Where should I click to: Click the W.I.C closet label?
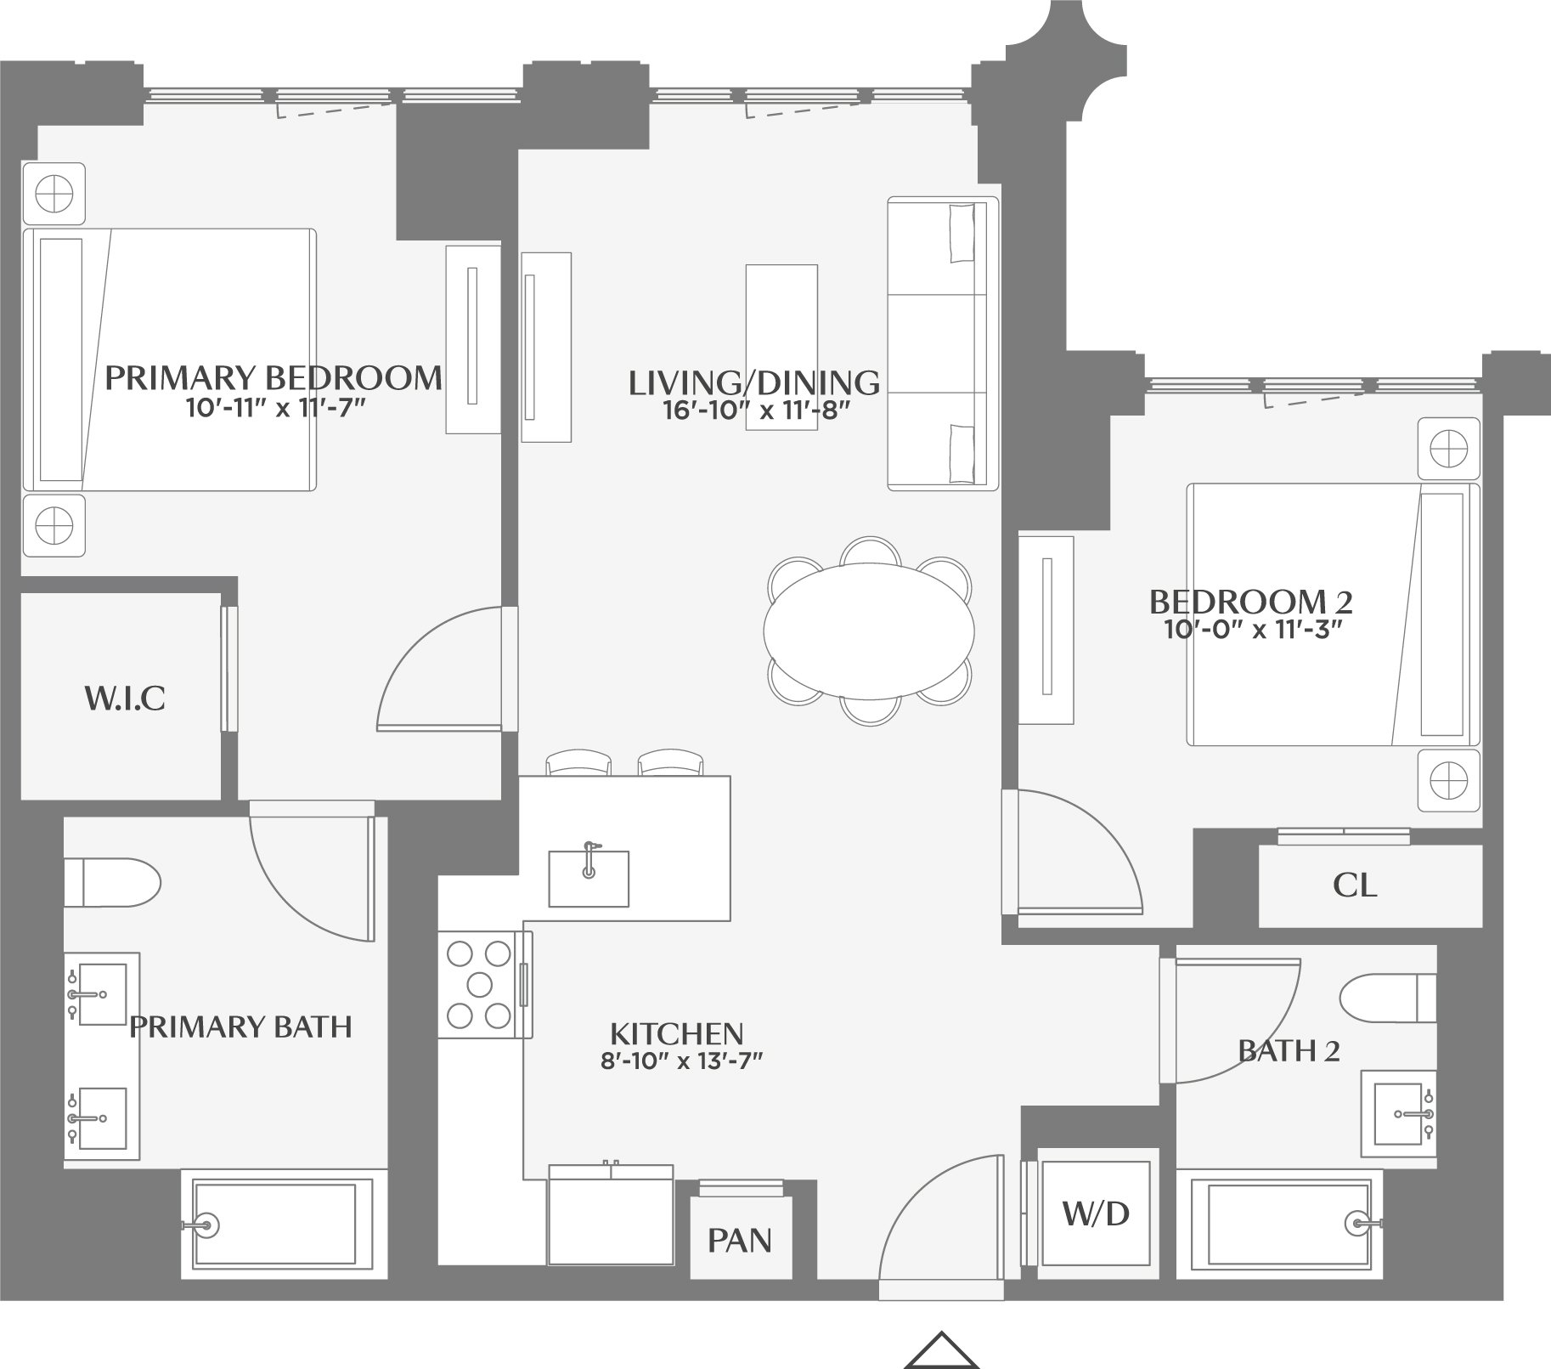click(x=124, y=699)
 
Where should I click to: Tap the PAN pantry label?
click(x=740, y=1241)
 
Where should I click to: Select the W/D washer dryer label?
click(x=1096, y=1213)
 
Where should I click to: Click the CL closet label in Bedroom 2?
click(x=1354, y=886)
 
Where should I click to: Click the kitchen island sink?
click(x=589, y=879)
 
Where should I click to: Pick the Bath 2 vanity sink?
click(x=1399, y=1113)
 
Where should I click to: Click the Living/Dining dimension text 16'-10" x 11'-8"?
click(x=756, y=411)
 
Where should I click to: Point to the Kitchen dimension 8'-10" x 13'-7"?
click(x=677, y=1061)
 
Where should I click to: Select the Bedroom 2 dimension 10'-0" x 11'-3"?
click(x=1251, y=630)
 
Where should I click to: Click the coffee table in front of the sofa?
click(x=781, y=347)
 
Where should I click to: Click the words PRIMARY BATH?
click(x=240, y=1027)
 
